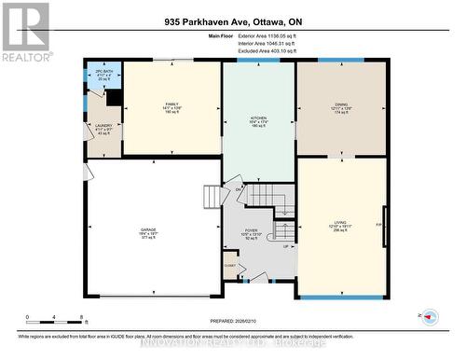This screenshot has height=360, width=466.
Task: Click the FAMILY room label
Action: pyautogui.click(x=171, y=104)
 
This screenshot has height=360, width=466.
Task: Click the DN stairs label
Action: pyautogui.click(x=239, y=190)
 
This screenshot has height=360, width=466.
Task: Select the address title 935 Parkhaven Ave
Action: pyautogui.click(x=233, y=21)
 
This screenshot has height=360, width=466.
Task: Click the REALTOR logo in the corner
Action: pyautogui.click(x=25, y=31)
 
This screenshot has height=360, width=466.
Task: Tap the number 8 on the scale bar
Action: pyautogui.click(x=81, y=318)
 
